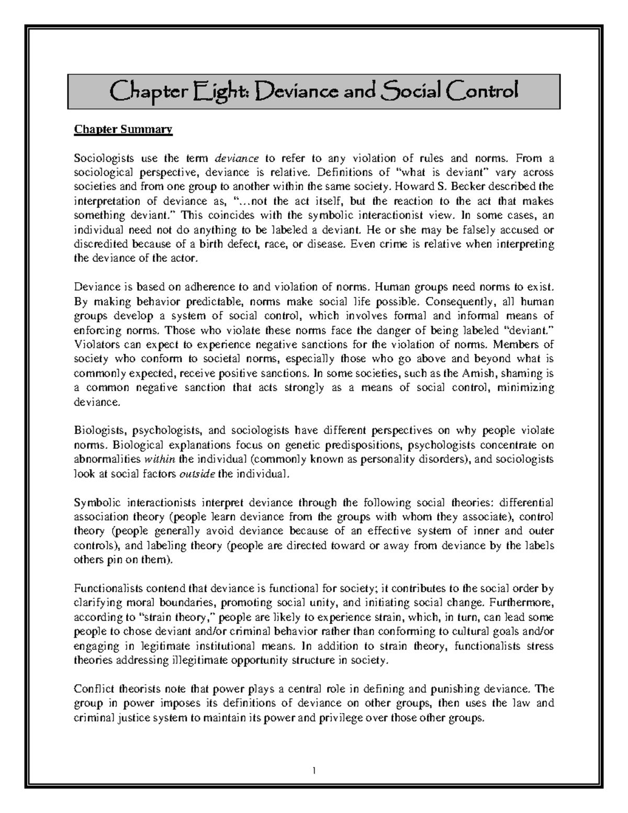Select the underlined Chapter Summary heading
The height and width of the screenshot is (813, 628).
coord(123,129)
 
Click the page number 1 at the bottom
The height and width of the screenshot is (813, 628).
coord(313,770)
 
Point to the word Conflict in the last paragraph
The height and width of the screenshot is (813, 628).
coord(93,689)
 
